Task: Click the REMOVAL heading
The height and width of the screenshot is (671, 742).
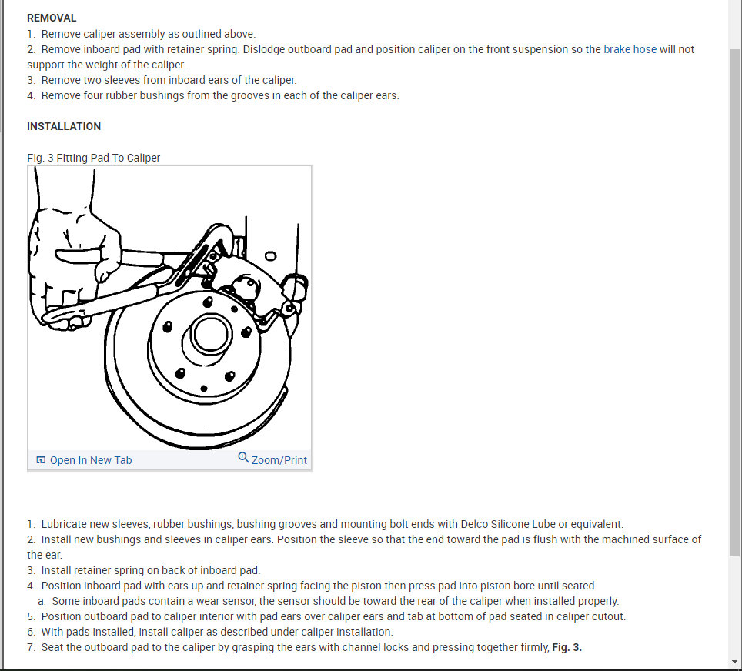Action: coord(52,18)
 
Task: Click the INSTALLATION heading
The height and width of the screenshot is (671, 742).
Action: coord(64,126)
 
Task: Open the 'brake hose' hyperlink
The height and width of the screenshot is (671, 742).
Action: coord(630,49)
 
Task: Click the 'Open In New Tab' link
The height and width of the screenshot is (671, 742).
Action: coord(91,460)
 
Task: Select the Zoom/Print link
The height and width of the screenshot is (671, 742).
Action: coord(279,460)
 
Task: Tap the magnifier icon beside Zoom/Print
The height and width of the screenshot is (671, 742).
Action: coord(243,458)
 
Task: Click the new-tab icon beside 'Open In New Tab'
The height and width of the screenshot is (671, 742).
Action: coord(41,460)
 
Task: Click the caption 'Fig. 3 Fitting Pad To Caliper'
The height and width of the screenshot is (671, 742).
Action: coord(93,158)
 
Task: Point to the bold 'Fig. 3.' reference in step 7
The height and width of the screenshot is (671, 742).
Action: coord(567,647)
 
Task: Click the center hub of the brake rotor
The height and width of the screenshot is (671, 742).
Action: coord(209,334)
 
